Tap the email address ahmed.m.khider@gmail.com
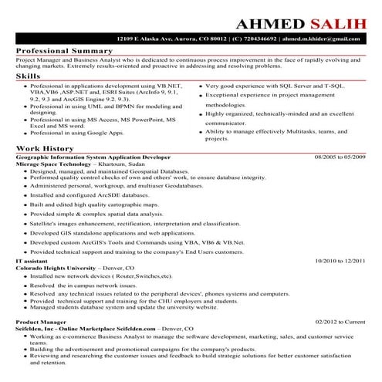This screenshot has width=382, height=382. [325, 38]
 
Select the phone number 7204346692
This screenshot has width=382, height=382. [256, 38]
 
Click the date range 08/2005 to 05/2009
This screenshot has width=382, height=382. [340, 156]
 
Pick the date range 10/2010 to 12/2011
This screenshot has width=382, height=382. [340, 262]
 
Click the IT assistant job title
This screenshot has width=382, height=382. [32, 262]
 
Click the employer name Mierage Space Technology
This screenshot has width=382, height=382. [53, 164]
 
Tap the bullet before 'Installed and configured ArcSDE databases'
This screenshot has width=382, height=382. [25, 195]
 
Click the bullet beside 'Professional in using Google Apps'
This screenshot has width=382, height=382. [25, 133]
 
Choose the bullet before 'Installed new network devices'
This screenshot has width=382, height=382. [25, 276]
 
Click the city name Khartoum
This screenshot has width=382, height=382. [114, 164]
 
